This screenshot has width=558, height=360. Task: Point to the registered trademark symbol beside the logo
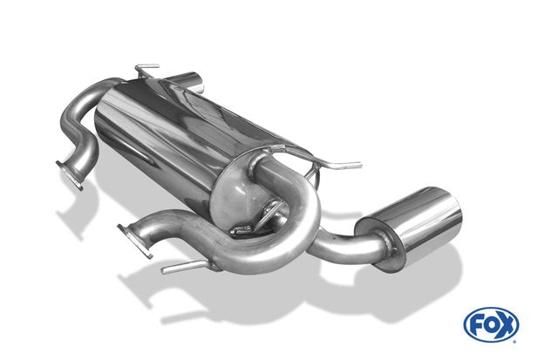(514, 342)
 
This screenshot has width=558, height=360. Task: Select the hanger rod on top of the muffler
(146, 70)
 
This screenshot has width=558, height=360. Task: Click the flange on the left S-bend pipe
(70, 175)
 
